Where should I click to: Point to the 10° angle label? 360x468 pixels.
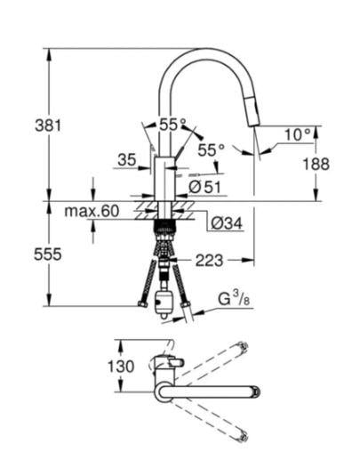pos(299,134)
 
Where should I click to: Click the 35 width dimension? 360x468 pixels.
pos(126,160)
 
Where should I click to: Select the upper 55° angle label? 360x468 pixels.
pos(171,125)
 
